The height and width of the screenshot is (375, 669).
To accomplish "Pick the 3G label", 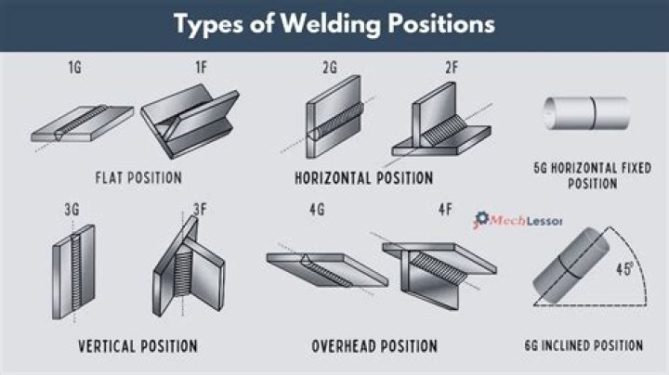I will point(72,211).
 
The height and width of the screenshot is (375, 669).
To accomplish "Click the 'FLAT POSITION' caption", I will point(138,176).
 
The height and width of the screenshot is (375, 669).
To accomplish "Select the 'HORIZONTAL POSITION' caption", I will point(363,176).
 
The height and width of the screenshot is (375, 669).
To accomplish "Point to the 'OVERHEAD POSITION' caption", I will point(374,346).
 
